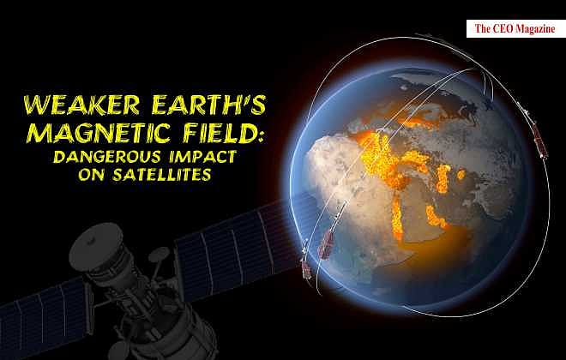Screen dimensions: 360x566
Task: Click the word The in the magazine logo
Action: click(x=483, y=29)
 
